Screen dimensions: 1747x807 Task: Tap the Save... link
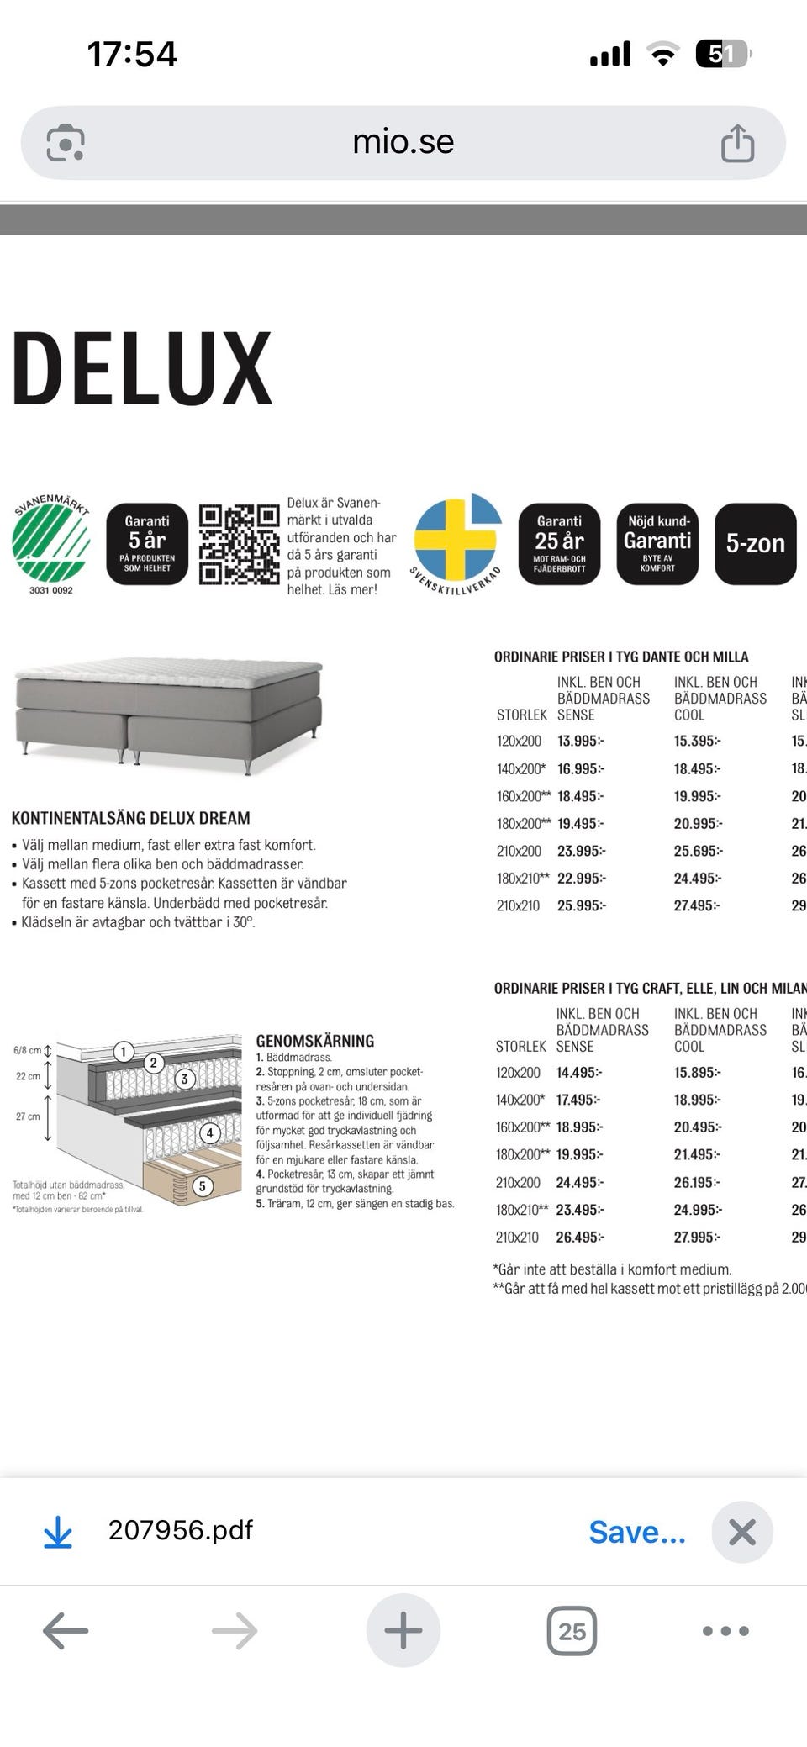(636, 1532)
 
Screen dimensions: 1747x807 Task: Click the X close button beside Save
(741, 1532)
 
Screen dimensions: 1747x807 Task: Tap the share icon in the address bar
(737, 142)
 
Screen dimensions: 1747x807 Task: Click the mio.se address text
(403, 141)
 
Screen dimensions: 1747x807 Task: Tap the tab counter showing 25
(572, 1631)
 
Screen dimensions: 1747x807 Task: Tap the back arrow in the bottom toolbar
(66, 1631)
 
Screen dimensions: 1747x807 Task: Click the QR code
(239, 544)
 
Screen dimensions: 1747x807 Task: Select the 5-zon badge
(755, 543)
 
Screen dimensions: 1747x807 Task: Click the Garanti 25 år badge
(559, 543)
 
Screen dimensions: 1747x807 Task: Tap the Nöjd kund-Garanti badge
(657, 543)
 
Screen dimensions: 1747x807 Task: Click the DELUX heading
(143, 368)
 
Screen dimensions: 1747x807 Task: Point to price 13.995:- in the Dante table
(581, 741)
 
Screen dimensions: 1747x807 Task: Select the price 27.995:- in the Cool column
(697, 1237)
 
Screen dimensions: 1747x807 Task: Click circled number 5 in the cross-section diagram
(202, 1186)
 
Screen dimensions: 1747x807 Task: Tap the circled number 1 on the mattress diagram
(124, 1051)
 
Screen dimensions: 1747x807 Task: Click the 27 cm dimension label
(28, 1116)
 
